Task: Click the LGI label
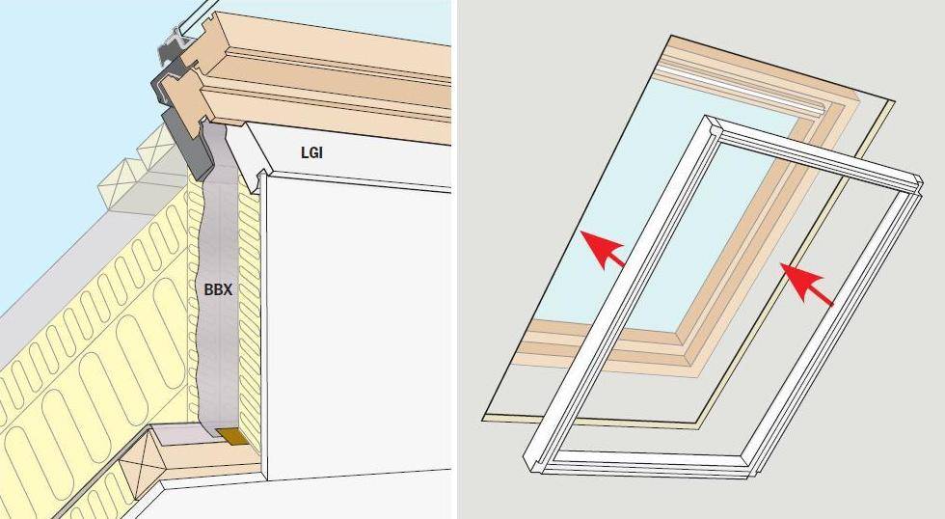coord(311,152)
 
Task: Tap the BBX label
coord(218,289)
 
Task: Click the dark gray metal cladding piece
coord(181,121)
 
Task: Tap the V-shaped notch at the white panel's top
coord(262,175)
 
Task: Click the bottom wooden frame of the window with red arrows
coord(603,348)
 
